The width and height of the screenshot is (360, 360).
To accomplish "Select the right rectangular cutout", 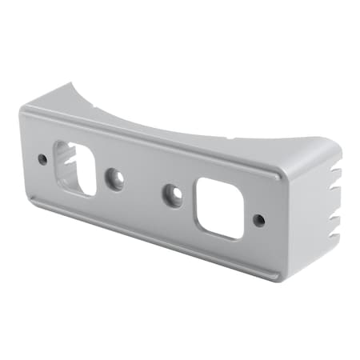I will tap(218, 206).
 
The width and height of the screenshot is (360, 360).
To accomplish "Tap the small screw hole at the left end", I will tap(42, 159).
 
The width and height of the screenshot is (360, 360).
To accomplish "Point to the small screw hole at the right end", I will tap(258, 219).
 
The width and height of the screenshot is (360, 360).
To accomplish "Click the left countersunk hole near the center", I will tap(115, 179).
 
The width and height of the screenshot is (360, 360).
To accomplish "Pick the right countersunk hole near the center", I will tap(173, 194).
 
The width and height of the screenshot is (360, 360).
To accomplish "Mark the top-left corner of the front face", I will tap(24, 110).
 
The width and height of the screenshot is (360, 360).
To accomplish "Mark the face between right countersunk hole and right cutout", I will tap(190, 200).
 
